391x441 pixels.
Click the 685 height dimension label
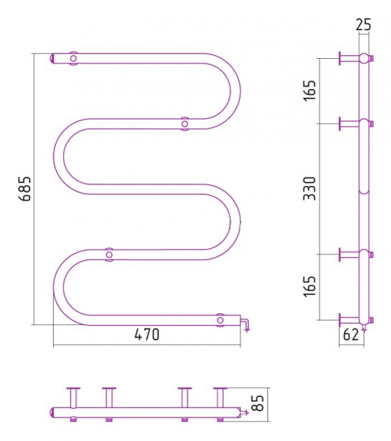(x=26, y=188)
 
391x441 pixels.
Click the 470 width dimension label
(x=147, y=334)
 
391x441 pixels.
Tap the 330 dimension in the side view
(x=309, y=188)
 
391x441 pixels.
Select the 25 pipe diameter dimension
(x=364, y=25)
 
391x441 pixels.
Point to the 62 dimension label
(x=351, y=334)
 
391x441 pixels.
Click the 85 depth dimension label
(x=259, y=403)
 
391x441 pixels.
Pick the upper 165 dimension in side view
(x=309, y=90)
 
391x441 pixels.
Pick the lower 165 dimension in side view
(x=309, y=287)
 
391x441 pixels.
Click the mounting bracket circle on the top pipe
(x=73, y=59)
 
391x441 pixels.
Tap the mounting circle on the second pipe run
(x=184, y=123)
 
